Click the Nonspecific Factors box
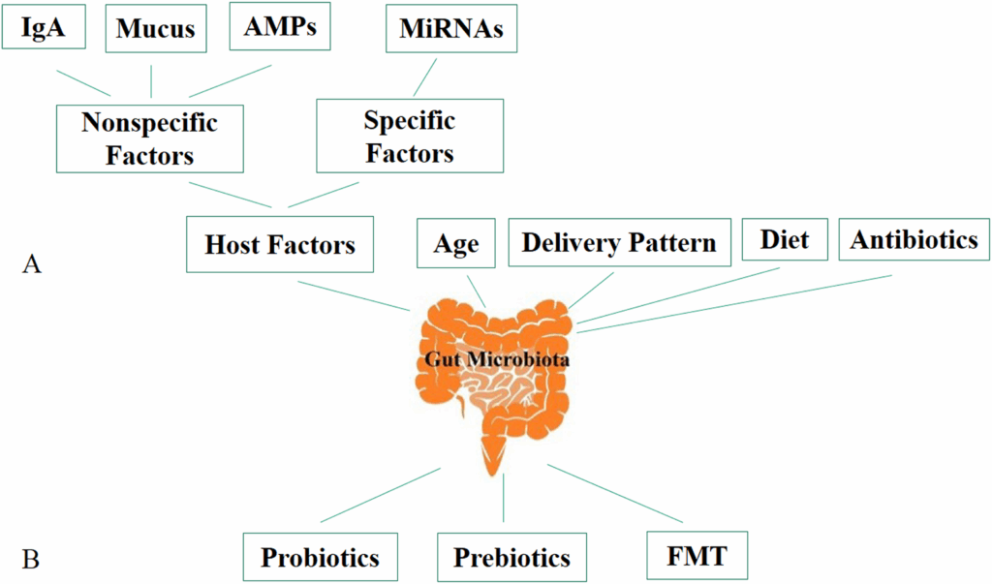point(149,138)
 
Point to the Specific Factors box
point(409,136)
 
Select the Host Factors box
point(280,244)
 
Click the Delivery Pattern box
point(618,242)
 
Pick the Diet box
point(785,238)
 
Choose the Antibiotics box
point(914,239)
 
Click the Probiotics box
point(320,558)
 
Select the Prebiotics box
point(511,558)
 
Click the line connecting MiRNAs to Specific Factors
point(426,77)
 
